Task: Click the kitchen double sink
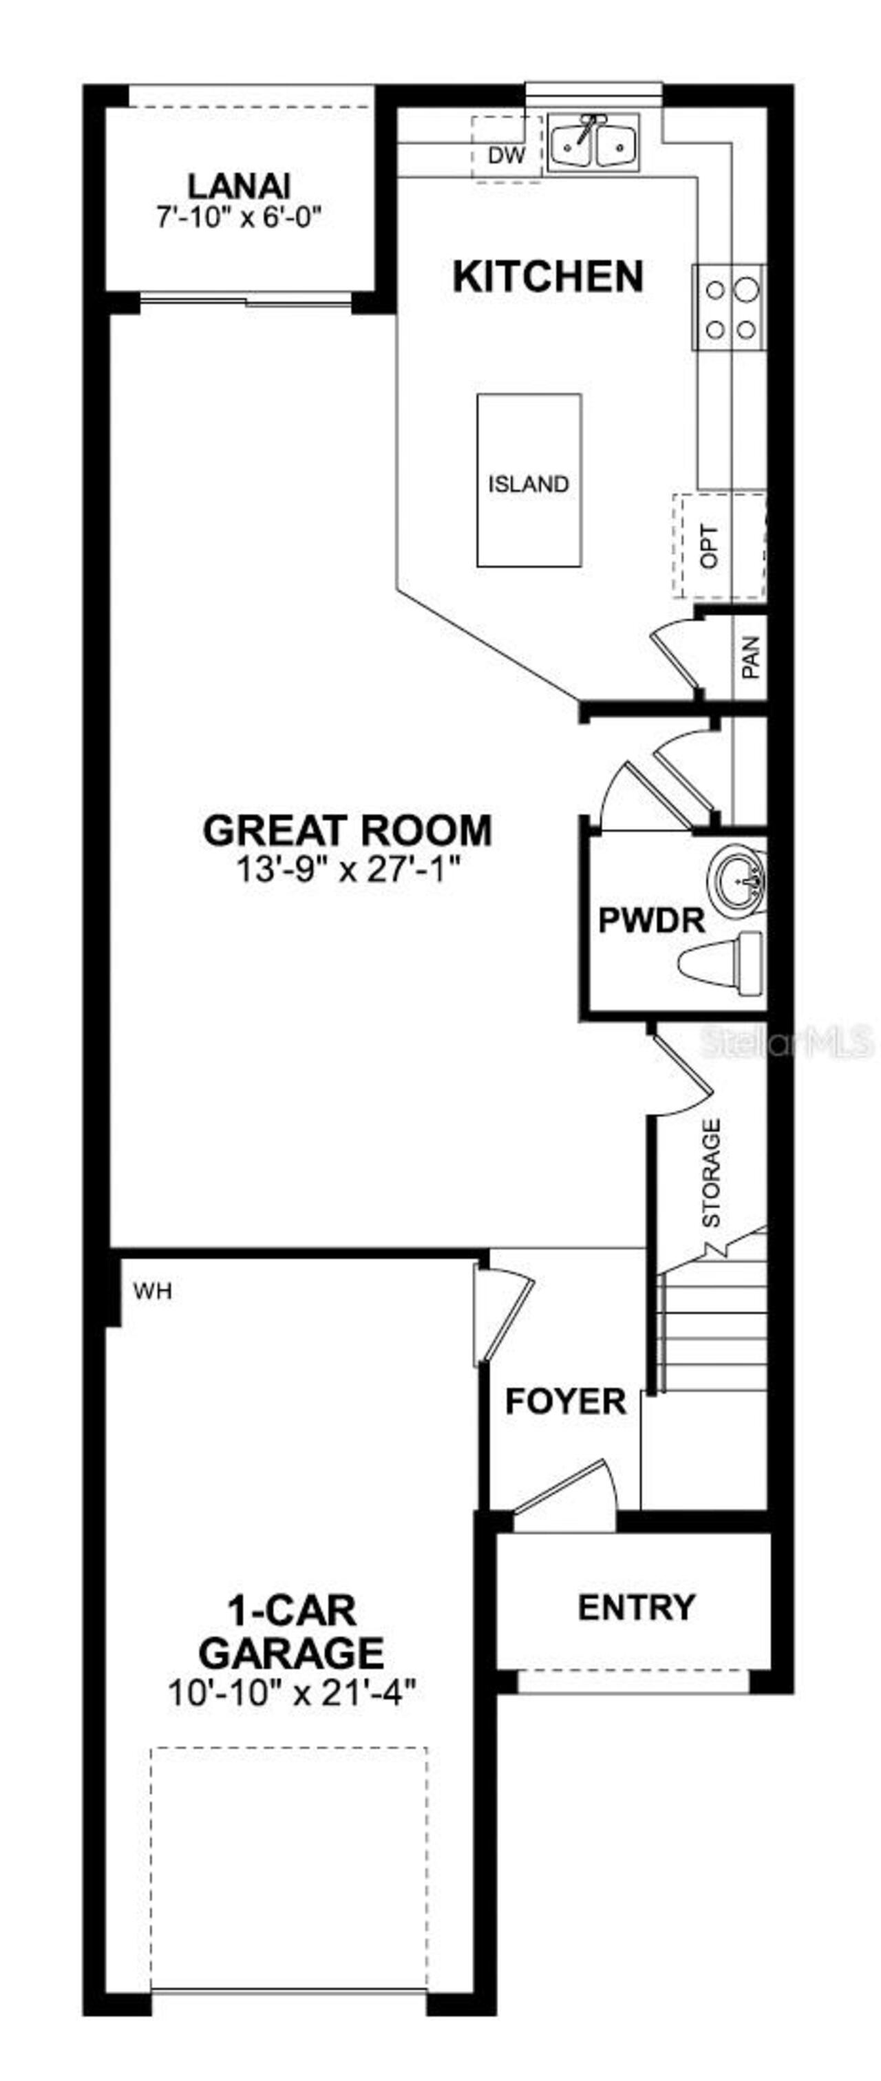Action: pos(593,142)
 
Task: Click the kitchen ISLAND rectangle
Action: pos(528,480)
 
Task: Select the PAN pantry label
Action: pos(751,657)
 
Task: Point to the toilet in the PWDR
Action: pos(723,964)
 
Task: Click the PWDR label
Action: pos(651,921)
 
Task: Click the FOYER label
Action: pos(565,1402)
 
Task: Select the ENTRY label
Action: pos(637,1607)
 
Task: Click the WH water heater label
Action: pos(153,1291)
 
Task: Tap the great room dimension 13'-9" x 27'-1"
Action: pos(347,870)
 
